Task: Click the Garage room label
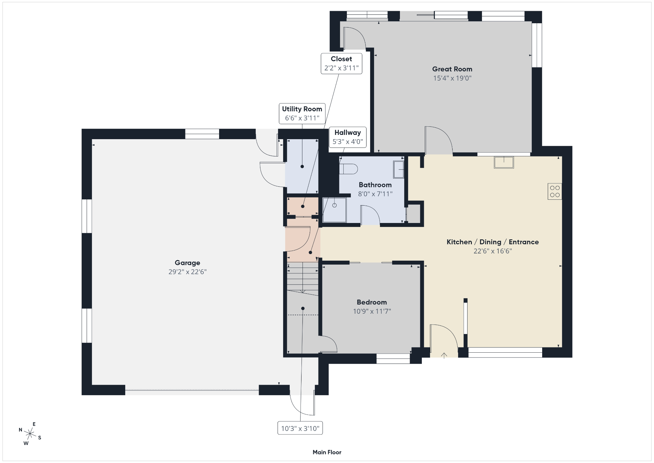[187, 263]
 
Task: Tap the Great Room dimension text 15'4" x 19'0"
[452, 78]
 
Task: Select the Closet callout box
[341, 64]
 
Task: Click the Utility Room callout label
[302, 109]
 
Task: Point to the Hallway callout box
[348, 137]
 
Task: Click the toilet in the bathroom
[349, 169]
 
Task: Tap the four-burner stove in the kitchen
[555, 191]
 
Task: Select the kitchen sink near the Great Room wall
[504, 162]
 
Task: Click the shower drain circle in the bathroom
[335, 205]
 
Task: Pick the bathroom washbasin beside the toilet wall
[399, 169]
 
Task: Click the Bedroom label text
[372, 302]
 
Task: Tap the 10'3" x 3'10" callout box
[300, 428]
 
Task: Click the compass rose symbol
[30, 434]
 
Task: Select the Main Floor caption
[327, 452]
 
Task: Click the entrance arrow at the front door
[444, 356]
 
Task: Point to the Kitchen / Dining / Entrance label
[493, 242]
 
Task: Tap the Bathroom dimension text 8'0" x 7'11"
[375, 194]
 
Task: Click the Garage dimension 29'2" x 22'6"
[187, 272]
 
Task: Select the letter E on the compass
[34, 424]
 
